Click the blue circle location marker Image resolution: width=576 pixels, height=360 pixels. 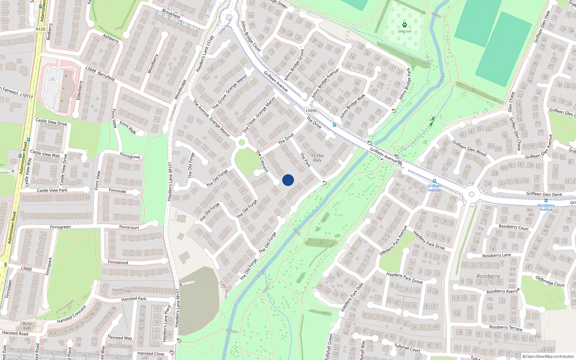tap(288, 180)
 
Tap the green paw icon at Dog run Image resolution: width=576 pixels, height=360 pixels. tap(405, 25)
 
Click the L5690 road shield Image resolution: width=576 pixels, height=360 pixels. tap(311, 111)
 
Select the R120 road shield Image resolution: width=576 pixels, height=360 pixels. tap(41, 29)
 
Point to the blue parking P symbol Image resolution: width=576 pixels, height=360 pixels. tap(53, 80)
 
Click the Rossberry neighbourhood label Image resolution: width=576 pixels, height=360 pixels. tap(488, 276)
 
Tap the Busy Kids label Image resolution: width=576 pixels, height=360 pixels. tap(27, 326)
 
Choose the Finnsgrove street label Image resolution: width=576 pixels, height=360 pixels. tap(130, 156)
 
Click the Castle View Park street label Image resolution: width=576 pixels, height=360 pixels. tap(52, 190)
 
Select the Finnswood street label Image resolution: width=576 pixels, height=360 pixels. tap(118, 262)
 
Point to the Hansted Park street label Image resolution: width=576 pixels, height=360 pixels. tap(134, 299)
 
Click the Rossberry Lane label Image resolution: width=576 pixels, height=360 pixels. tap(496, 255)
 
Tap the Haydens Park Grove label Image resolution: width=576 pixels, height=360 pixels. tap(404, 278)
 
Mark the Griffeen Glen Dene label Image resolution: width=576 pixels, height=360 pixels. tap(544, 194)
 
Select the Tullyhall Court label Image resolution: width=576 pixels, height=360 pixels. tap(407, 348)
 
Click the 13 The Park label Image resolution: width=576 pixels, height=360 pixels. tap(317, 158)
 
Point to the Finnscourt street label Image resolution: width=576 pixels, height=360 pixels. tap(129, 227)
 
